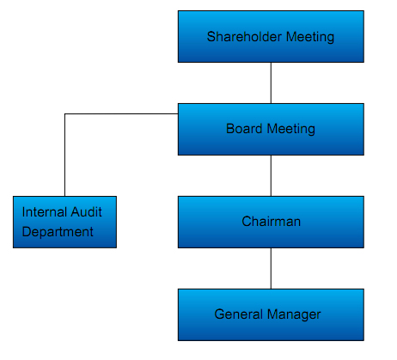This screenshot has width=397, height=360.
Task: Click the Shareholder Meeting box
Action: (x=271, y=37)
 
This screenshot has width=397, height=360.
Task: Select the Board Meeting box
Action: (x=271, y=129)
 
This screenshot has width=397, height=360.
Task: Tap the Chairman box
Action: (x=271, y=222)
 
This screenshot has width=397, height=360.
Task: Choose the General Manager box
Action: (x=271, y=314)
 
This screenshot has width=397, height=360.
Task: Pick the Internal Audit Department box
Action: (x=64, y=222)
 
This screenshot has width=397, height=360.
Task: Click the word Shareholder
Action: (x=244, y=37)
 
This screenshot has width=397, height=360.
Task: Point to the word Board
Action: (x=244, y=129)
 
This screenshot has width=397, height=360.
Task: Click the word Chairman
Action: (x=271, y=222)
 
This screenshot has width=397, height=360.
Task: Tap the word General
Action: (x=238, y=314)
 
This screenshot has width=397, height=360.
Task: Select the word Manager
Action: (x=294, y=315)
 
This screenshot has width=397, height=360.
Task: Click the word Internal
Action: (x=45, y=212)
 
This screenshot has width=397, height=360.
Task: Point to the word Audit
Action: (x=86, y=212)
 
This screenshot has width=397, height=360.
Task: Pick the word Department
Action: (x=58, y=232)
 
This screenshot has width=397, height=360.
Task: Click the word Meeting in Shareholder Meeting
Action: (x=310, y=37)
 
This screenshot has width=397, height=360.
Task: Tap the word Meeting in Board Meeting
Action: (x=291, y=130)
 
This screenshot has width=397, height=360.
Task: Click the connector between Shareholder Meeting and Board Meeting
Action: (x=271, y=83)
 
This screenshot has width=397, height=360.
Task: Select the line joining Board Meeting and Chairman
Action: (x=271, y=176)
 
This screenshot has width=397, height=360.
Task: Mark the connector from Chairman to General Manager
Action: (x=271, y=269)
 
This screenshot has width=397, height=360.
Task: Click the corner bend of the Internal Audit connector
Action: (x=65, y=114)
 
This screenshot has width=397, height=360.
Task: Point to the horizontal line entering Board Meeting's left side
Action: (x=121, y=114)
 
